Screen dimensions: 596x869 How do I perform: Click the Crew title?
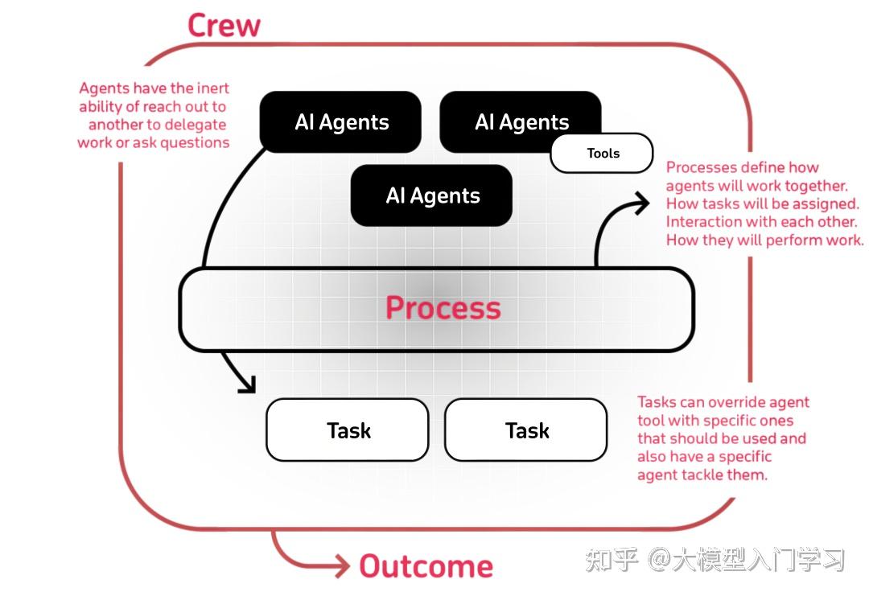(x=224, y=25)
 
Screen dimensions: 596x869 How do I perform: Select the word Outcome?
(x=426, y=565)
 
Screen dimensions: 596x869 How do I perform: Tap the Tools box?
(x=603, y=153)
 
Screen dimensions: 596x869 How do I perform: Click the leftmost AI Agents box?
(x=340, y=121)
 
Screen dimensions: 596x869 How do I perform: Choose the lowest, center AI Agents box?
(x=432, y=195)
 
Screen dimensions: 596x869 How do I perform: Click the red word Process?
(x=443, y=308)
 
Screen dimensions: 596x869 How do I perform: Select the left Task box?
(x=348, y=430)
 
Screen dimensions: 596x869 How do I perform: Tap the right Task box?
(x=526, y=430)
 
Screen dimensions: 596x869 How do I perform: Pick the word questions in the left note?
(x=195, y=142)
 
